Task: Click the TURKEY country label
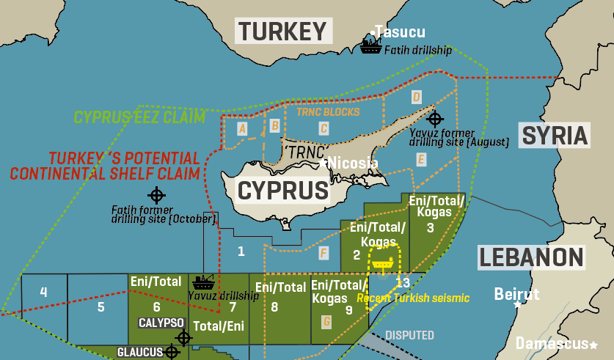click(282, 31)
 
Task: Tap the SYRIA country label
click(555, 136)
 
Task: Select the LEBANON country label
click(532, 257)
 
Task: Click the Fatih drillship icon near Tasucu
click(370, 46)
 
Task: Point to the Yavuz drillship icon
click(202, 282)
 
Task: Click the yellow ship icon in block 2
click(382, 263)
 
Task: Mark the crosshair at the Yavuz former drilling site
click(435, 118)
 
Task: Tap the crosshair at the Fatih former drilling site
click(156, 195)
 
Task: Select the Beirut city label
click(516, 294)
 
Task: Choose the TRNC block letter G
click(326, 321)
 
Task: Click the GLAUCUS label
click(140, 352)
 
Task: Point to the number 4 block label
click(43, 293)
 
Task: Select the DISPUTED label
click(409, 335)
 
